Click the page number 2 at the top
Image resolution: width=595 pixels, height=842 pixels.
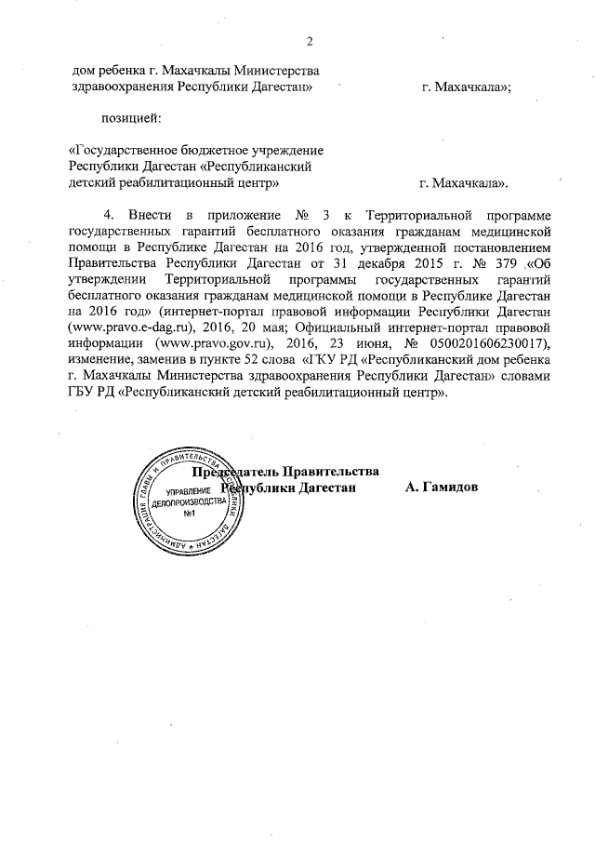(x=311, y=41)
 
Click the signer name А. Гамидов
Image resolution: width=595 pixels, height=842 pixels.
(x=443, y=488)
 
